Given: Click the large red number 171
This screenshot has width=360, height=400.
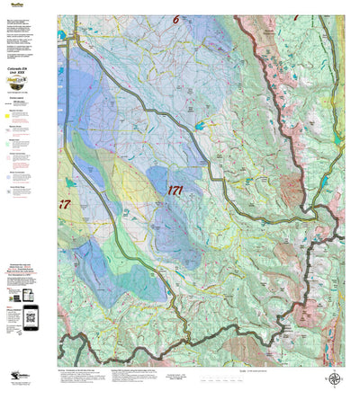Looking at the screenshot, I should click(178, 190).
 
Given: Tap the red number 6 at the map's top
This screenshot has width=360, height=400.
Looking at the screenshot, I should click(176, 19).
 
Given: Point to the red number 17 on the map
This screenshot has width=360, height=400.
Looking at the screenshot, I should click(64, 204).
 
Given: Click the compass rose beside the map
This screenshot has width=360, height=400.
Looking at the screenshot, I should click(334, 379).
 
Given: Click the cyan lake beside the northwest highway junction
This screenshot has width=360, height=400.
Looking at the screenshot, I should click(61, 35).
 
